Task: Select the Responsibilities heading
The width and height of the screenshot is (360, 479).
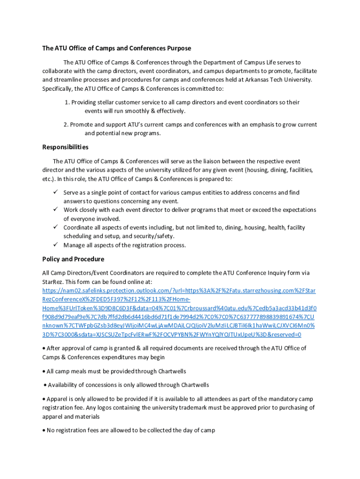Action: pyautogui.click(x=65, y=147)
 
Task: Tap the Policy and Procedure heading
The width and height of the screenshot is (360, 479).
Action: pyautogui.click(x=73, y=259)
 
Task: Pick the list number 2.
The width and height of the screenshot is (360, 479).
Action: pyautogui.click(x=65, y=124)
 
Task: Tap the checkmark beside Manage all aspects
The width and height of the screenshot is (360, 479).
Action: pyautogui.click(x=55, y=245)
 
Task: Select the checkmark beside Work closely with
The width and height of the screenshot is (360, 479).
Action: pyautogui.click(x=55, y=210)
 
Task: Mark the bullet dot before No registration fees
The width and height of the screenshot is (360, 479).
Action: pyautogui.click(x=44, y=430)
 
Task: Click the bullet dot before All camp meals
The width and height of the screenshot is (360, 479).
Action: pyautogui.click(x=44, y=371)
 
